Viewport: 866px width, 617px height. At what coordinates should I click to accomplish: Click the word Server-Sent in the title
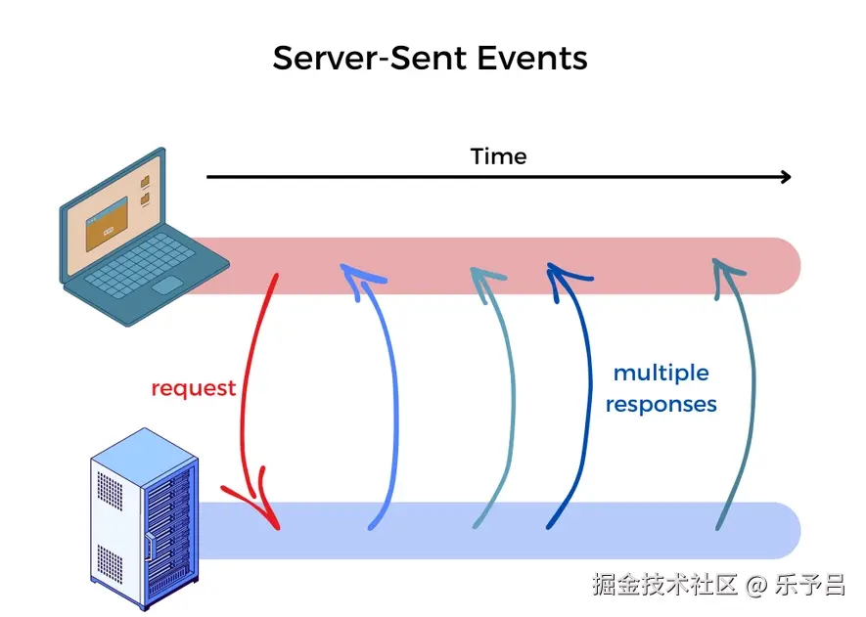pos(370,58)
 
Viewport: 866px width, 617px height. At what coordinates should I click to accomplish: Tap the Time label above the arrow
pos(498,156)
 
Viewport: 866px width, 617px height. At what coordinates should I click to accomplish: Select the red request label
pos(194,388)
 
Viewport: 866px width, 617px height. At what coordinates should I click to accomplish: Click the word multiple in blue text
pos(661,374)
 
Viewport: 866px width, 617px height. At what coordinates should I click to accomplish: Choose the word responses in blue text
pos(661,405)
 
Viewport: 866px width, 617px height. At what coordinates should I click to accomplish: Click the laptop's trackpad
pos(167,286)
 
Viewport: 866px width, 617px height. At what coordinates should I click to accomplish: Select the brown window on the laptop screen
pos(107,224)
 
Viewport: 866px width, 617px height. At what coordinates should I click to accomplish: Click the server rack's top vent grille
pos(110,490)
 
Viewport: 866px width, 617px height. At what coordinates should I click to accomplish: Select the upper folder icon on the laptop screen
pos(145,181)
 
